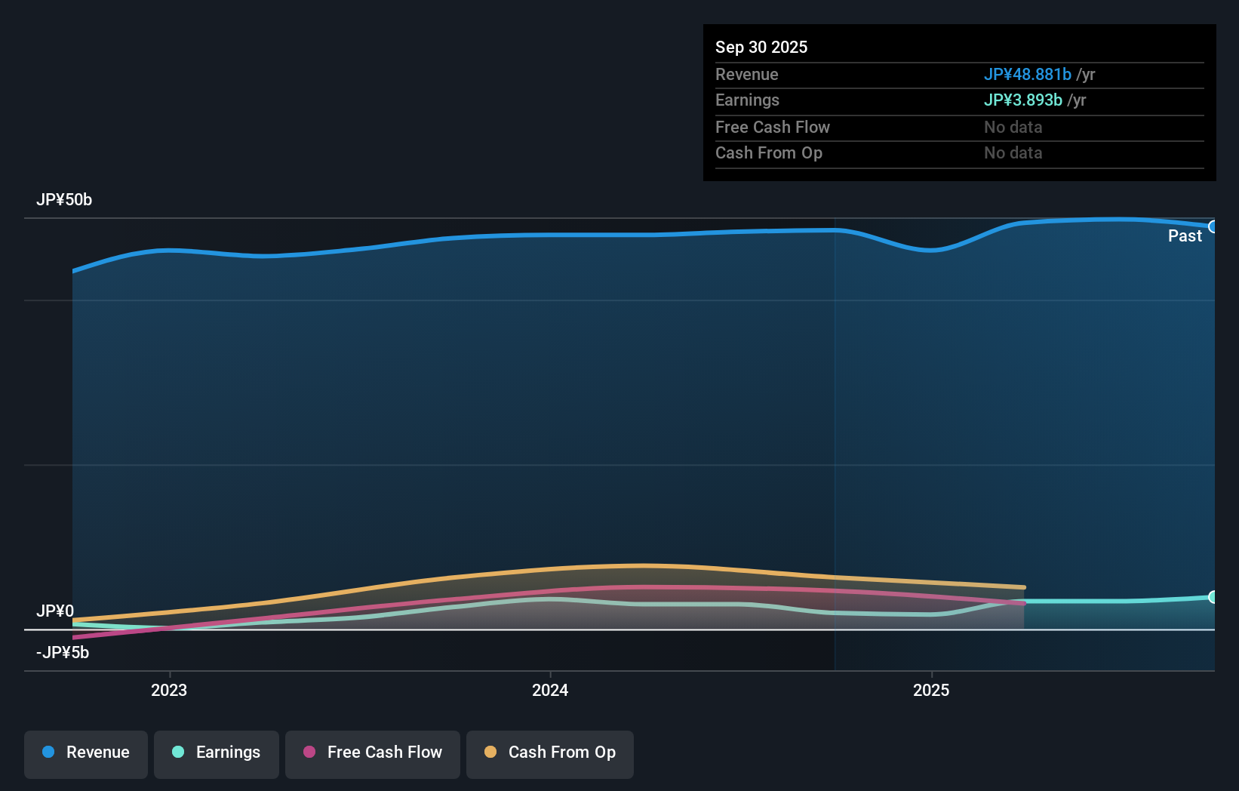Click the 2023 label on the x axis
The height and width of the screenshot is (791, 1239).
click(169, 691)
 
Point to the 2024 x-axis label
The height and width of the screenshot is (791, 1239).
click(550, 691)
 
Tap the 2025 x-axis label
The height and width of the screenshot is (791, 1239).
click(931, 691)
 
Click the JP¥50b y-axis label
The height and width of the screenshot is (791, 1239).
click(64, 200)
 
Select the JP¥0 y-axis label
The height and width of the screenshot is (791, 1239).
click(55, 611)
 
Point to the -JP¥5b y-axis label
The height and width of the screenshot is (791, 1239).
click(63, 653)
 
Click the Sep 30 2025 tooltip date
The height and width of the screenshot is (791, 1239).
click(761, 48)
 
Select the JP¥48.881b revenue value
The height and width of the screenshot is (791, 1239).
click(1027, 75)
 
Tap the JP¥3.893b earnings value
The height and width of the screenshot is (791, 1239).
click(1022, 100)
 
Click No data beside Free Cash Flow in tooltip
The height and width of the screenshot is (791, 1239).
click(1013, 128)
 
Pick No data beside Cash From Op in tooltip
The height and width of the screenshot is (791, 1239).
click(1013, 153)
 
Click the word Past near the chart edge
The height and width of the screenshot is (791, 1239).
click(1185, 236)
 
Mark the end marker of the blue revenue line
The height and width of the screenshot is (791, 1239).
click(1213, 226)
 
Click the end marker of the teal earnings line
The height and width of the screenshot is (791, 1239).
click(1213, 597)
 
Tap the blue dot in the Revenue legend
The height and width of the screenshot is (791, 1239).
click(48, 752)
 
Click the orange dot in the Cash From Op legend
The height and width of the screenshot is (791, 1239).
click(490, 752)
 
